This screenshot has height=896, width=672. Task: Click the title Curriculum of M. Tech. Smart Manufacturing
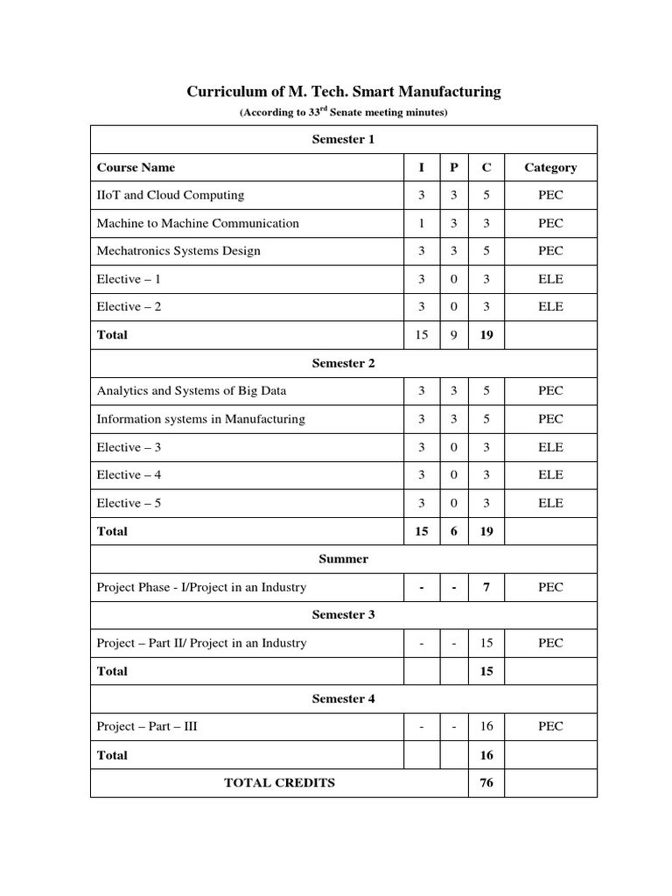click(x=343, y=91)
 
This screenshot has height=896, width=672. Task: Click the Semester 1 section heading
click(x=343, y=139)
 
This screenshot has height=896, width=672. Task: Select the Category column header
click(x=550, y=167)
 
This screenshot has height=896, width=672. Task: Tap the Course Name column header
click(x=136, y=167)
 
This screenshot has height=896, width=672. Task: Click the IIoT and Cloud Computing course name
click(x=171, y=195)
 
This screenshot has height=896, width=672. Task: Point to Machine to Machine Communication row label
click(x=198, y=223)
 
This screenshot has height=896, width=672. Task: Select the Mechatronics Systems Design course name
click(x=178, y=251)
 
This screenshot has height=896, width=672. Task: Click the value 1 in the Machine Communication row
click(x=422, y=223)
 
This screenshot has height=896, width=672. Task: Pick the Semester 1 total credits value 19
click(x=486, y=335)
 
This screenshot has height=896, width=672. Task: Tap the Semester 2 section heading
click(x=343, y=363)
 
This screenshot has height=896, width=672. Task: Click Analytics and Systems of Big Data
click(x=192, y=391)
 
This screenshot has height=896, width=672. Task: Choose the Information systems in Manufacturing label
click(x=200, y=419)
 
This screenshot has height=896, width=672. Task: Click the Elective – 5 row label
click(x=129, y=503)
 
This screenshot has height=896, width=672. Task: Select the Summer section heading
click(x=343, y=559)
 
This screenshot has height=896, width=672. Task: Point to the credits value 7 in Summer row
click(x=486, y=587)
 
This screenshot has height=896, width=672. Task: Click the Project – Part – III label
click(x=147, y=727)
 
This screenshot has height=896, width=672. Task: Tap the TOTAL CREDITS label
click(x=279, y=783)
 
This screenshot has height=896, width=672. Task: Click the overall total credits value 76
click(x=486, y=783)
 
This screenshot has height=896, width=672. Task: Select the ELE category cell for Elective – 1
click(x=550, y=279)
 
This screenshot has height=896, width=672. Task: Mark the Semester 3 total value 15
click(x=486, y=671)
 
